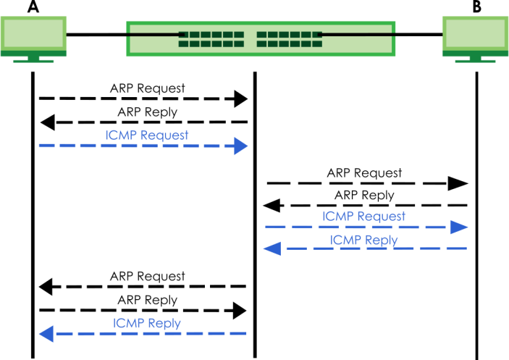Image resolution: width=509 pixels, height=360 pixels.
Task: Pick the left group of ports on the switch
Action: click(211, 38)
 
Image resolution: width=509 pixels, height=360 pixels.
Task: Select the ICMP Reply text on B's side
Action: click(363, 240)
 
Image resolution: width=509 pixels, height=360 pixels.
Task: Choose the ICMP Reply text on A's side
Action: click(147, 323)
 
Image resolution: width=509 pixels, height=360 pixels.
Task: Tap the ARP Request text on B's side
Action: click(363, 173)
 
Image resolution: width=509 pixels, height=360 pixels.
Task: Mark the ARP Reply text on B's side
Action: click(364, 195)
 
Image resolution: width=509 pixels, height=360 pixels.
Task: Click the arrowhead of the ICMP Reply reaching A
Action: click(46, 333)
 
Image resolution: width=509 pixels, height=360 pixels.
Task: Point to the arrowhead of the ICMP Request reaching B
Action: click(459, 227)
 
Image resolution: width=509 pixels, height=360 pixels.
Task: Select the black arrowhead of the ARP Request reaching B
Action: click(459, 183)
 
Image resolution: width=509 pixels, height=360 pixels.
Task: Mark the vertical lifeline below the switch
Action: click(254, 217)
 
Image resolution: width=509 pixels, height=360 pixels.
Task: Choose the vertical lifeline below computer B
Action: click(476, 217)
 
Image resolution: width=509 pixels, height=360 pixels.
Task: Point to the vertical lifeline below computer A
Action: click(33, 217)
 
